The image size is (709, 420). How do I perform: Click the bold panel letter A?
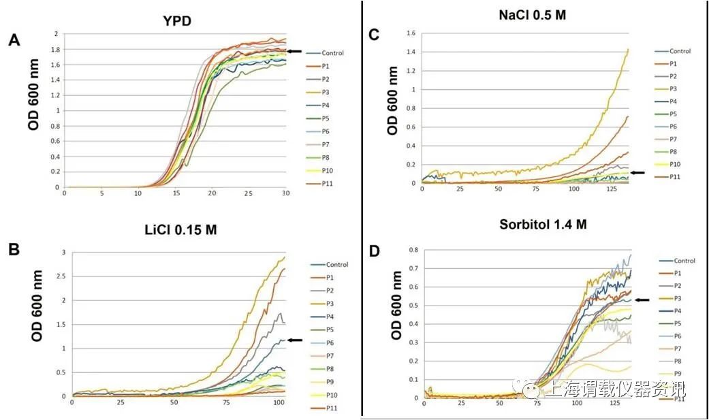click(14, 41)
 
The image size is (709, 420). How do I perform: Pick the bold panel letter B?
click(14, 249)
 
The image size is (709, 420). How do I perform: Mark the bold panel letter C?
click(373, 34)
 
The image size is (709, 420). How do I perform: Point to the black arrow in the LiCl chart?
click(295, 340)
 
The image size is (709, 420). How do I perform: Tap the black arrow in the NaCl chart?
click(638, 173)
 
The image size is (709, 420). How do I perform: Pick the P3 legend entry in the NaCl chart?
click(674, 88)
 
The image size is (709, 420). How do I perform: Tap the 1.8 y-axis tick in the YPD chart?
click(56, 49)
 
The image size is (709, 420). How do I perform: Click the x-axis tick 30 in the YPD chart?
click(285, 194)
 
